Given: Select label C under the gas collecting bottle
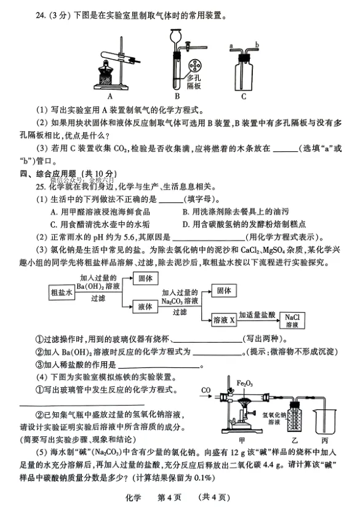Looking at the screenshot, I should pos(244,96).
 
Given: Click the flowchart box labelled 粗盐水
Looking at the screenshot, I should pos(62,294).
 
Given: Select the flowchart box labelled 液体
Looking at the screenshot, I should pos(146,305).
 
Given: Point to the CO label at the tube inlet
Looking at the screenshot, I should pos(206,390).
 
